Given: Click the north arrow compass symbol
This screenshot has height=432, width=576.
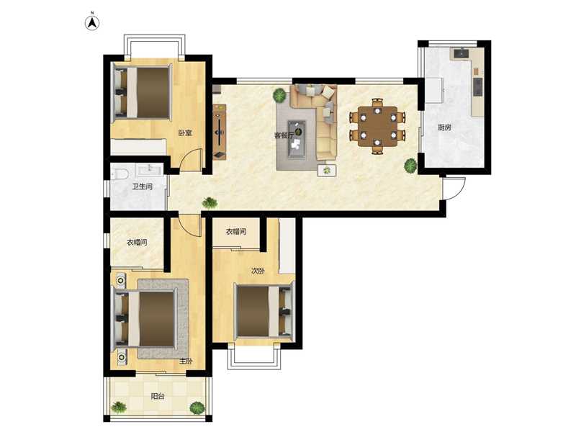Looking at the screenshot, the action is click(x=93, y=22).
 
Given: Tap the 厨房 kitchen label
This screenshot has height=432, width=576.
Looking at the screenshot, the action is click(x=444, y=127).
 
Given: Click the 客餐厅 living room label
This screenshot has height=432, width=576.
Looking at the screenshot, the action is click(x=284, y=135).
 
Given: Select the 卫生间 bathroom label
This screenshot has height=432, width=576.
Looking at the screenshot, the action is click(x=142, y=186).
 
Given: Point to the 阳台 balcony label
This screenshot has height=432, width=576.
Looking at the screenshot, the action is click(x=158, y=397).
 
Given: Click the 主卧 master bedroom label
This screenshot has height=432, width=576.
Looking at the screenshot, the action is click(x=186, y=361).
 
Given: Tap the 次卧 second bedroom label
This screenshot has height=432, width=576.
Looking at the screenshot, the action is click(x=258, y=271).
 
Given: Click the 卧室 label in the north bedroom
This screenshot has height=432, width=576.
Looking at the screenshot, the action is click(x=185, y=132).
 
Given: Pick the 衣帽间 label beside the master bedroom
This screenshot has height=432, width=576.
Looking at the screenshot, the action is click(x=137, y=243).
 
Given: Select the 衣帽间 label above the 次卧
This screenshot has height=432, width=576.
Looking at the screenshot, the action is click(x=236, y=231).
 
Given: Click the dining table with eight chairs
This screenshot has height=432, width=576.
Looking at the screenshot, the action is click(x=377, y=126).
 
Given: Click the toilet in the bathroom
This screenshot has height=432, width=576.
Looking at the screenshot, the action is click(x=119, y=174).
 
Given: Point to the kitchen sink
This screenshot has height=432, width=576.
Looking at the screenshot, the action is click(x=460, y=53).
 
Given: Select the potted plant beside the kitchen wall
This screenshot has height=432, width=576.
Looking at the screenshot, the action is click(x=410, y=166).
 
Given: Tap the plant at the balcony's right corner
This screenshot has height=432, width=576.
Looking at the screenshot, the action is click(x=197, y=408).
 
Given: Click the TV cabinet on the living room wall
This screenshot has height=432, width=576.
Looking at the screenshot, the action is click(x=220, y=132).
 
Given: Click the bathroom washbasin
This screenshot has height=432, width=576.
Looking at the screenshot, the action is click(x=150, y=169).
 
